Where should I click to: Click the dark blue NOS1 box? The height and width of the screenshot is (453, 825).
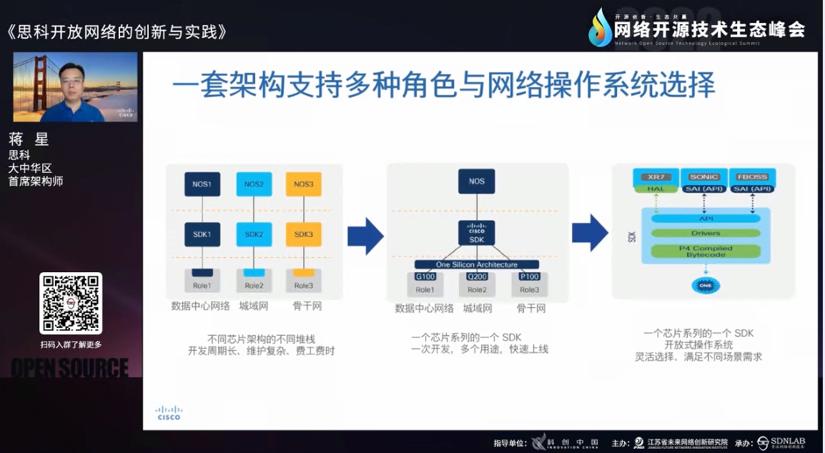click(x=202, y=184)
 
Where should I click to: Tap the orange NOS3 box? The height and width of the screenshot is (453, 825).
click(x=303, y=184)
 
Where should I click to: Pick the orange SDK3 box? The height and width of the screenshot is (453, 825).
click(x=303, y=234)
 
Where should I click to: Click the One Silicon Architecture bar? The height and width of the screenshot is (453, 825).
click(x=476, y=264)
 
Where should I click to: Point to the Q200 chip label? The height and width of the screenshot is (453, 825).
click(x=477, y=277)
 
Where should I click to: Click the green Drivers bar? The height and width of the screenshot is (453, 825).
click(x=705, y=233)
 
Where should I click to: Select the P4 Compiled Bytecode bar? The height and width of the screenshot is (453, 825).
click(x=705, y=251)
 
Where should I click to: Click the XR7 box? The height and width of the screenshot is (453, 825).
click(x=652, y=176)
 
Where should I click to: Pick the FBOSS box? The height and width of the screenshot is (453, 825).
click(x=752, y=176)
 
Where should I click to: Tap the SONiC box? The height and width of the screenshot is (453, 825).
click(x=703, y=176)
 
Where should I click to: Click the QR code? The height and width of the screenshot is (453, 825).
click(x=71, y=303)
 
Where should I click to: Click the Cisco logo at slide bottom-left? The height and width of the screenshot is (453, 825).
click(x=169, y=413)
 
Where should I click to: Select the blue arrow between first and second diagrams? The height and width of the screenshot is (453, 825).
click(x=365, y=236)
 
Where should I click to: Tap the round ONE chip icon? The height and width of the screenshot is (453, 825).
click(x=705, y=286)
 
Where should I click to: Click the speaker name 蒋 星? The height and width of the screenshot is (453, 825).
click(x=29, y=139)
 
